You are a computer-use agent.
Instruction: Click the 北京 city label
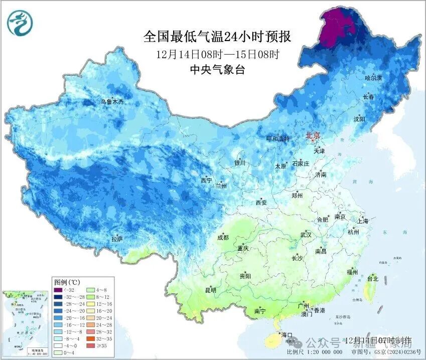(x=313, y=135)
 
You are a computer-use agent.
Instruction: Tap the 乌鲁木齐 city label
(x=111, y=102)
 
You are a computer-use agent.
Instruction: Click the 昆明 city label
(x=210, y=290)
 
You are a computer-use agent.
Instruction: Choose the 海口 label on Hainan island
(x=287, y=334)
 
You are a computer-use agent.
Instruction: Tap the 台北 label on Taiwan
(x=372, y=278)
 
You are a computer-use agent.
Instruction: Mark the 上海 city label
(x=362, y=221)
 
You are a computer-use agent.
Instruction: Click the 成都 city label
(x=223, y=238)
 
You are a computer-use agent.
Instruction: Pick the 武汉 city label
(x=306, y=235)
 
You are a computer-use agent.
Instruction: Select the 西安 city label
(x=261, y=203)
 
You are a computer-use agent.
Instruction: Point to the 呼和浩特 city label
(x=277, y=138)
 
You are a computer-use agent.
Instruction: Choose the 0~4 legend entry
(x=67, y=352)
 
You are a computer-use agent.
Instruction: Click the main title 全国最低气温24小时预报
(x=217, y=37)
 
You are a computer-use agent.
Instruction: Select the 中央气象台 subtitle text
(x=217, y=70)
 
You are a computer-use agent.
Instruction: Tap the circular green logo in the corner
(x=19, y=24)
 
